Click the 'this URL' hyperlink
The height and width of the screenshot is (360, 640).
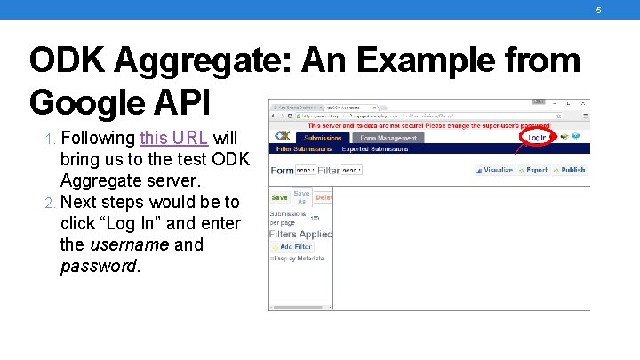pos(174,139)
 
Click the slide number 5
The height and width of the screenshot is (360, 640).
pos(598,10)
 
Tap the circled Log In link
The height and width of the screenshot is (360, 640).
pos(538,138)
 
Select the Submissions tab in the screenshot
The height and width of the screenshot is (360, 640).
pos(323,138)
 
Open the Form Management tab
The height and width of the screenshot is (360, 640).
pos(388,138)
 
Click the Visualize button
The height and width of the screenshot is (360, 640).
pos(493,170)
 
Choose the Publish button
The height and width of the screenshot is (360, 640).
pos(569,170)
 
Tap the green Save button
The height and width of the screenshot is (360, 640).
pos(279,198)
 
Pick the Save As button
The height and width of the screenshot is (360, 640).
pos(302,197)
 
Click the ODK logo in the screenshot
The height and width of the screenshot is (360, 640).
pos(283,137)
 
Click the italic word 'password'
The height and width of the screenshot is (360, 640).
pos(100,266)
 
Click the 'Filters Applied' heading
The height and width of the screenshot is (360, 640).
pos(300,234)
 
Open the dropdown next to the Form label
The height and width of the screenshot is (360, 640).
pos(305,170)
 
